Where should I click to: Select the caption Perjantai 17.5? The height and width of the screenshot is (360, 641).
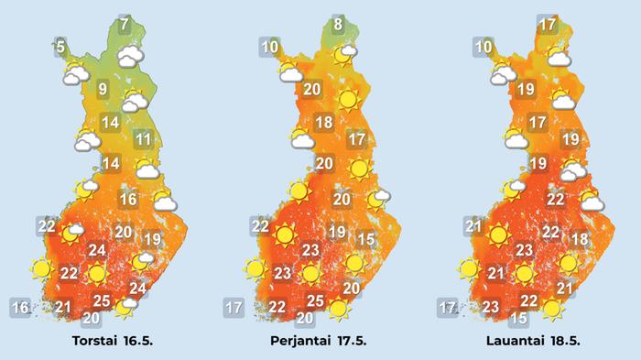coord(325,342)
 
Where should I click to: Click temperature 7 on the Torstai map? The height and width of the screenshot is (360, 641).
coord(125,25)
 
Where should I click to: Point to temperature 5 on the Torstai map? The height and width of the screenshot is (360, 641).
coord(60,47)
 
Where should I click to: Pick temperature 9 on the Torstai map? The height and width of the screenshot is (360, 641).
coord(103,89)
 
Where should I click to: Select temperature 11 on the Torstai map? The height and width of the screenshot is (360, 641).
coord(143,139)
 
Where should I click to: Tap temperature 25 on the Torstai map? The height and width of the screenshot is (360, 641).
coord(103,300)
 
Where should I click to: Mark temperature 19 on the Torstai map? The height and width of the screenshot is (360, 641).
coord(152,239)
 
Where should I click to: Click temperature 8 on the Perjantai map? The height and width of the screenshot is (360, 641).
coord(338,25)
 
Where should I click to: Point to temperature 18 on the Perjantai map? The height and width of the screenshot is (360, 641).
coord(323,123)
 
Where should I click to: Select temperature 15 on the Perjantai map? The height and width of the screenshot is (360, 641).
coord(366,239)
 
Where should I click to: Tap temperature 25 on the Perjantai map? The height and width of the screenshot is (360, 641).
coord(314,300)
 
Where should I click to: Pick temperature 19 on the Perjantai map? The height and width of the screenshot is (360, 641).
coord(337,232)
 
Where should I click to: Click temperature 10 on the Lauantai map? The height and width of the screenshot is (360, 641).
coord(484,47)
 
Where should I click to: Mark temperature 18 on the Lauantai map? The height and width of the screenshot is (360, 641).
coord(579,239)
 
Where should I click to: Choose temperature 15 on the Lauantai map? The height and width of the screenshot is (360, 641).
coord(518,318)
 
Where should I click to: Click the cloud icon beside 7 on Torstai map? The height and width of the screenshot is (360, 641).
coord(131,57)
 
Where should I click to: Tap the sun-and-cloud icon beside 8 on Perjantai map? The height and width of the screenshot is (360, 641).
coord(344,54)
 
